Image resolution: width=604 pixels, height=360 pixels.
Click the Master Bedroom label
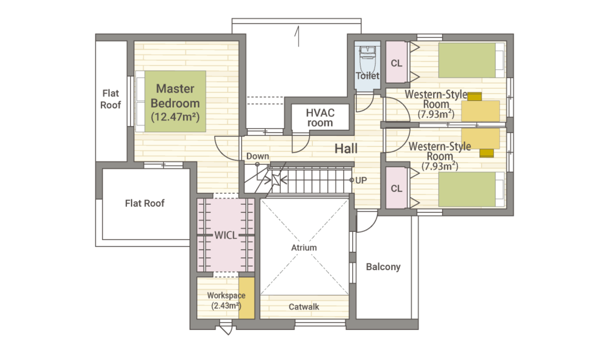click(175, 96)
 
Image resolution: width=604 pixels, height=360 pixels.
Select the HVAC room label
click(320, 118)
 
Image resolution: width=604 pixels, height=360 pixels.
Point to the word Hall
click(346, 149)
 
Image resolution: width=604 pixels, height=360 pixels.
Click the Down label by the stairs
click(258, 156)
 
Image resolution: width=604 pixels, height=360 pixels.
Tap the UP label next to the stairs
click(361, 180)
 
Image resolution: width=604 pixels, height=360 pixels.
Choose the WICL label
click(226, 235)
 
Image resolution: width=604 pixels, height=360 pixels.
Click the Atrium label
click(304, 248)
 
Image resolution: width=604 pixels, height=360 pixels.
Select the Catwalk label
click(304, 307)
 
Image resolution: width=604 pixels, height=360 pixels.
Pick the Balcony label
click(384, 267)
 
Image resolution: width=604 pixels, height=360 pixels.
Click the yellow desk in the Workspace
click(246, 298)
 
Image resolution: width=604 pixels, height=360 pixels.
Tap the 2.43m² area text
click(226, 306)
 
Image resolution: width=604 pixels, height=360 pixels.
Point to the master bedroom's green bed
click(175, 101)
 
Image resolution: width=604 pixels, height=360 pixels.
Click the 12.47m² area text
click(175, 117)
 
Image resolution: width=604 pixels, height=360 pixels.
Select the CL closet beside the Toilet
click(396, 62)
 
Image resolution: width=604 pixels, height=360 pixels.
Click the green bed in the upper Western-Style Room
click(467, 60)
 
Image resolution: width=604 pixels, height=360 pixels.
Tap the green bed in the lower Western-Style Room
click(467, 190)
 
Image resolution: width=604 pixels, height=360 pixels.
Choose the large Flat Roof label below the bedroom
click(145, 204)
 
